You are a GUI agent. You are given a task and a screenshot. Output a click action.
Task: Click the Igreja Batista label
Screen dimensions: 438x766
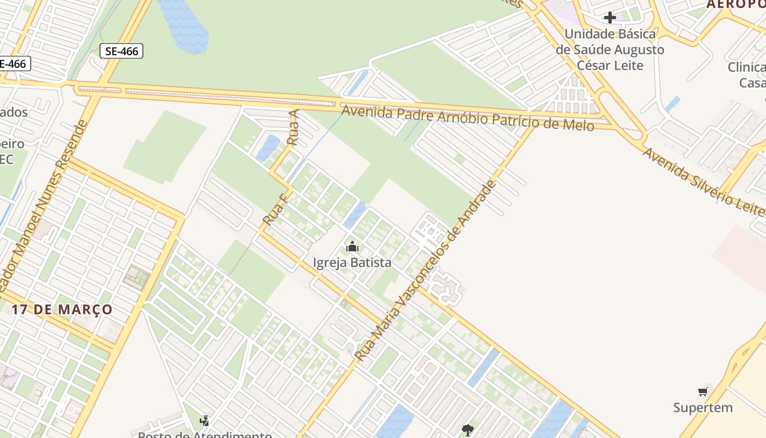(x=352, y=263)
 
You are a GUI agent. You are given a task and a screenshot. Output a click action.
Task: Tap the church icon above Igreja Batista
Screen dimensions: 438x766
(x=352, y=246)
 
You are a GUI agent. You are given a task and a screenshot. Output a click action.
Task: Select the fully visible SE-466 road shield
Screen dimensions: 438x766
(x=121, y=51)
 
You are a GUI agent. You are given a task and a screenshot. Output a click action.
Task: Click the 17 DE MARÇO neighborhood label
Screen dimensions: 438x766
(x=62, y=309)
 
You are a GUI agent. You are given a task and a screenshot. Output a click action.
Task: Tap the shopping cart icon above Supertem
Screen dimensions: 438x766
(x=703, y=391)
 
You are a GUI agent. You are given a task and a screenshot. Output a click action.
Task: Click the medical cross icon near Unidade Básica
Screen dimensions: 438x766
(x=610, y=18)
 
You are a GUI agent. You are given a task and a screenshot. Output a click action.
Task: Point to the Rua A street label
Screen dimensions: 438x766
(x=294, y=128)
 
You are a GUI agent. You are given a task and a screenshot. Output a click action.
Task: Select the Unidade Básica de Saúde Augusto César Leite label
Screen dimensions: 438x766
(x=610, y=50)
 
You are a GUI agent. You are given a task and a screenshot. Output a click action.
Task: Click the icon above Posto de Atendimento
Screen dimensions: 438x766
(x=205, y=420)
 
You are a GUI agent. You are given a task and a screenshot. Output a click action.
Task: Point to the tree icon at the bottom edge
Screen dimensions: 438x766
(x=467, y=430)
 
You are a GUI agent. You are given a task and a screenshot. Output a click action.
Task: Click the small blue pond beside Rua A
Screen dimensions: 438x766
(x=268, y=147)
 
